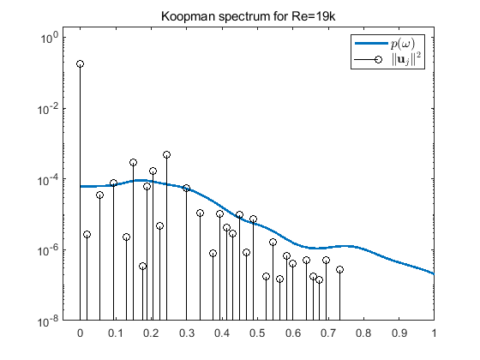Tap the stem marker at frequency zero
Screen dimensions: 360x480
[80, 64]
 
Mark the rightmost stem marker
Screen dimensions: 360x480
[339, 269]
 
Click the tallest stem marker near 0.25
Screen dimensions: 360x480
[166, 155]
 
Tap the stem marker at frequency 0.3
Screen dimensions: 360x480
[186, 188]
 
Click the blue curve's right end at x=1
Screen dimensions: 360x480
[433, 273]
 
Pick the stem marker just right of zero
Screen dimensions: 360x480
[87, 234]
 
